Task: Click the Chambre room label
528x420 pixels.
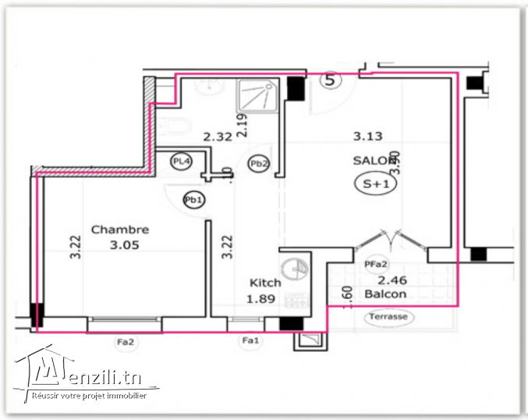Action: point(120,230)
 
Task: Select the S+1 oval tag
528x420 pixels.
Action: point(372,184)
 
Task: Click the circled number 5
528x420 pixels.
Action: point(331,79)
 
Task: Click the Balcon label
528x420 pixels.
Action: point(385,294)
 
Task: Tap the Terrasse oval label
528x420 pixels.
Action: point(389,318)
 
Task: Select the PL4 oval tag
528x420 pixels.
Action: point(181,162)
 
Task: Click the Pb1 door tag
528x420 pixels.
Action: point(193,200)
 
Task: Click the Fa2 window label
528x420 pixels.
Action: point(125,340)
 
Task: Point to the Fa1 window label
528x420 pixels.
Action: point(250,340)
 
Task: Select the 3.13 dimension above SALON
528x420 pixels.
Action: point(367,136)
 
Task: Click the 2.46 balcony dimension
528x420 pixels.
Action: point(392,279)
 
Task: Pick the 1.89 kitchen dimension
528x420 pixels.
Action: point(260,299)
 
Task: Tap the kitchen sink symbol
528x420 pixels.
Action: point(293,267)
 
